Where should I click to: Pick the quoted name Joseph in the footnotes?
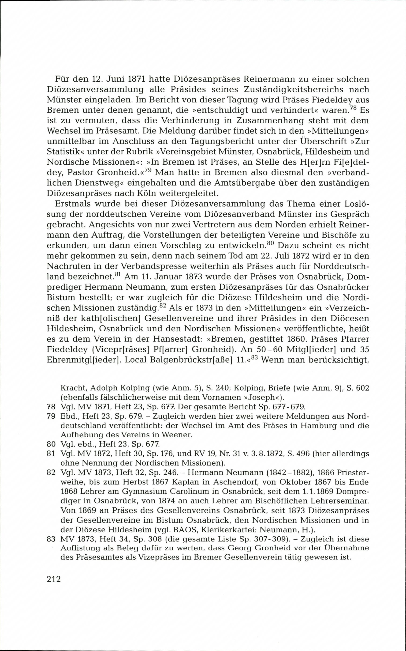(257, 397)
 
